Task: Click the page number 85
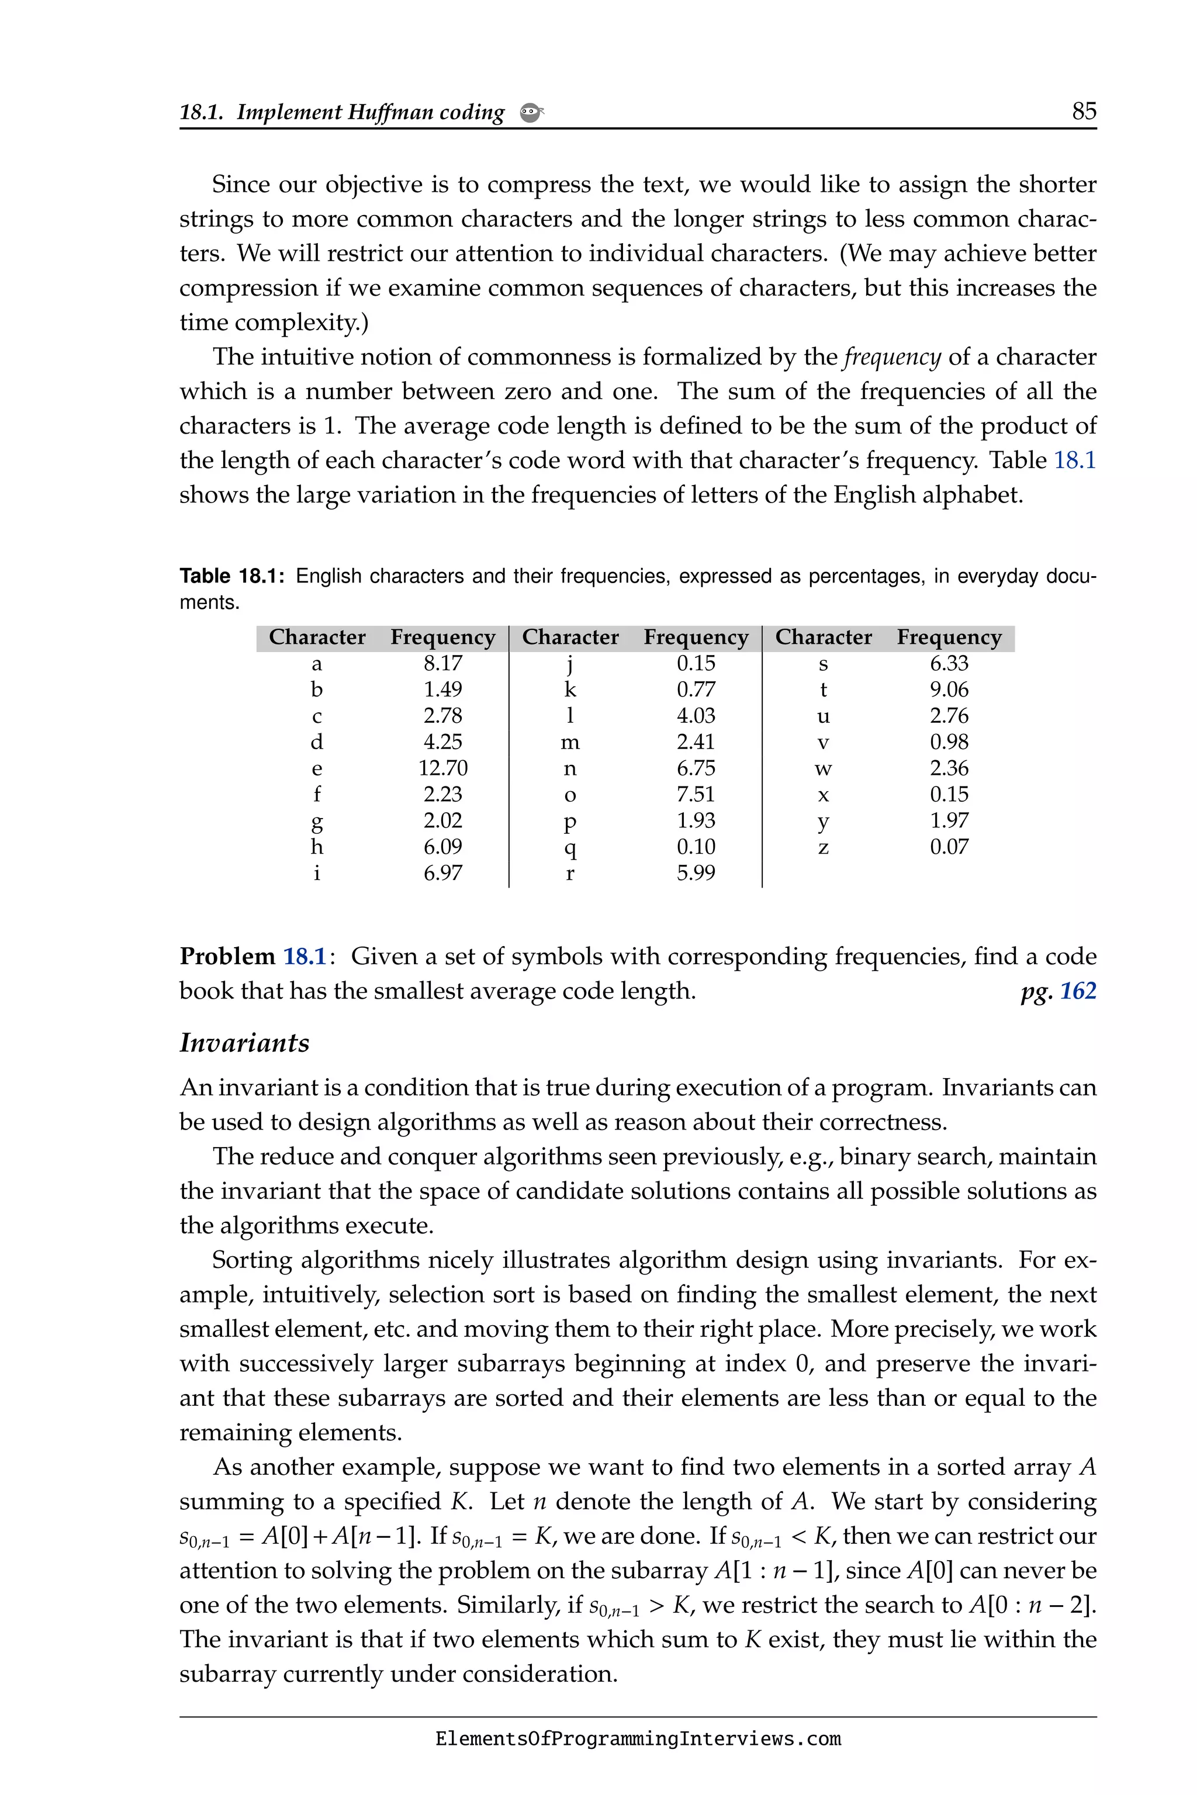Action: pos(1083,112)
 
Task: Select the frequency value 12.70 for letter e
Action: pos(443,768)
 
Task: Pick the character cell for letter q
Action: pos(569,847)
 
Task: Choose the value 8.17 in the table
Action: pos(443,663)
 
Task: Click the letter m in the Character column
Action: pos(569,742)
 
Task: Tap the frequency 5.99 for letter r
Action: pos(696,872)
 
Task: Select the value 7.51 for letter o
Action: pos(696,793)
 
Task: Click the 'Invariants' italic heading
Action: pos(244,1042)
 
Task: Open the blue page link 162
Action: pos(1077,990)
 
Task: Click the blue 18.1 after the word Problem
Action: pos(305,957)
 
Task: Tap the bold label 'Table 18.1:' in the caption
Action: pos(232,576)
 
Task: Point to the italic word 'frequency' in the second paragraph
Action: pos(892,357)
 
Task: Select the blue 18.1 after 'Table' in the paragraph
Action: pos(1074,460)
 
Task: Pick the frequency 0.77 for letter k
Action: pos(696,689)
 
